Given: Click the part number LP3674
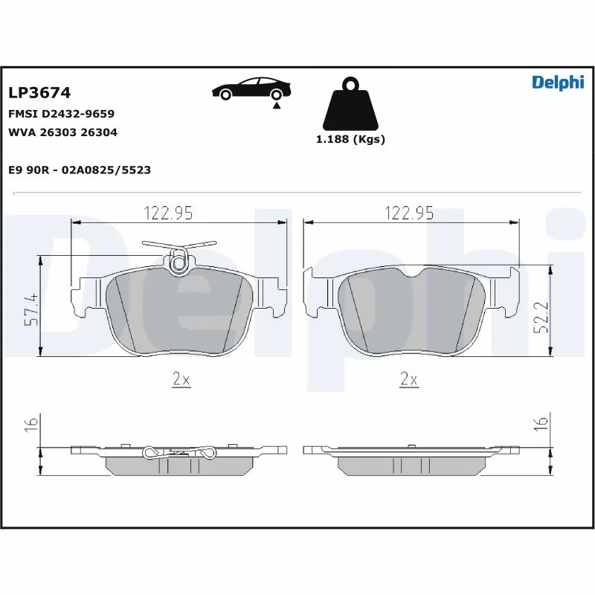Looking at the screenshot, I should point(39,93).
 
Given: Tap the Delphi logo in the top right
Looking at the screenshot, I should point(557,83).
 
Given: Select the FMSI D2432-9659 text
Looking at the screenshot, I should point(61,114).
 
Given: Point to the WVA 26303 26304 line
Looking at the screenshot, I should point(62,132).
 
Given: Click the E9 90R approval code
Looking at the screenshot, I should point(80,170).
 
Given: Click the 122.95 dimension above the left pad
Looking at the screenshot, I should point(168,213).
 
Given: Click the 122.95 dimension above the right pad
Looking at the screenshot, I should point(409,213).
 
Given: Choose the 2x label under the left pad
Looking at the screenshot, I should point(181,380).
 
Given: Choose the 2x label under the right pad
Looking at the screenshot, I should point(409,380).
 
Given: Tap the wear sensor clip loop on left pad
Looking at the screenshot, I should point(178,261).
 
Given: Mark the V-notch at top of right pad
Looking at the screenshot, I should point(412,275).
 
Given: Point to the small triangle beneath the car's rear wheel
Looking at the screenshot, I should point(277,106).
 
